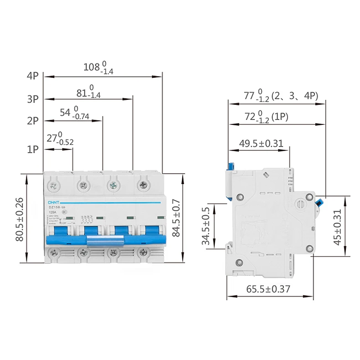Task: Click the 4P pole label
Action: [33, 76]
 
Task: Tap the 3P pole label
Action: [33, 99]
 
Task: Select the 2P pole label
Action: [33, 121]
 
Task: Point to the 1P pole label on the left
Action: [33, 149]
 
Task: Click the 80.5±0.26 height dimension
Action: [20, 219]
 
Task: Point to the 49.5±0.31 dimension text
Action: [261, 144]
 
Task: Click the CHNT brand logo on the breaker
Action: [54, 201]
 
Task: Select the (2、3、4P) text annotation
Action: [294, 96]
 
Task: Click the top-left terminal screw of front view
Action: [54, 185]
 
